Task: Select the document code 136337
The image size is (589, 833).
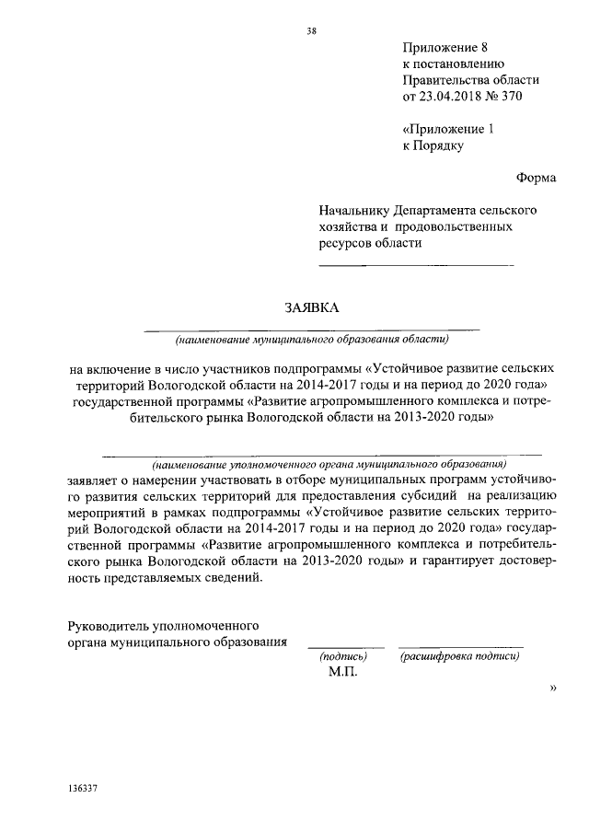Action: coord(83,791)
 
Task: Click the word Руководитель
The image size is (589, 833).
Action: coord(110,625)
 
